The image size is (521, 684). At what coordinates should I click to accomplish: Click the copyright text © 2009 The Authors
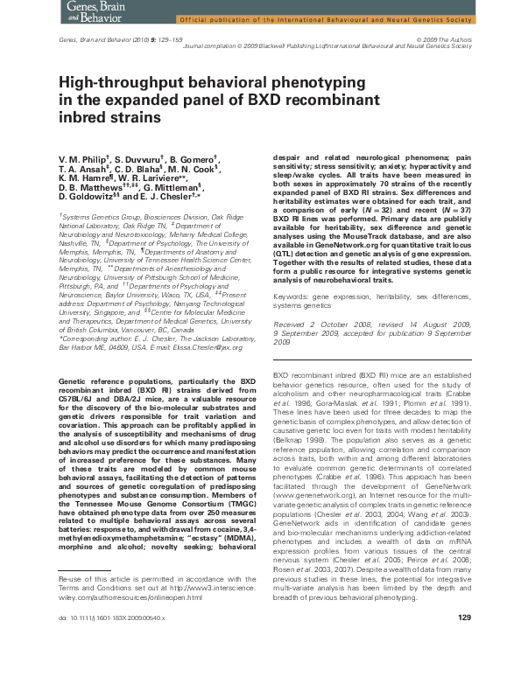[446, 40]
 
